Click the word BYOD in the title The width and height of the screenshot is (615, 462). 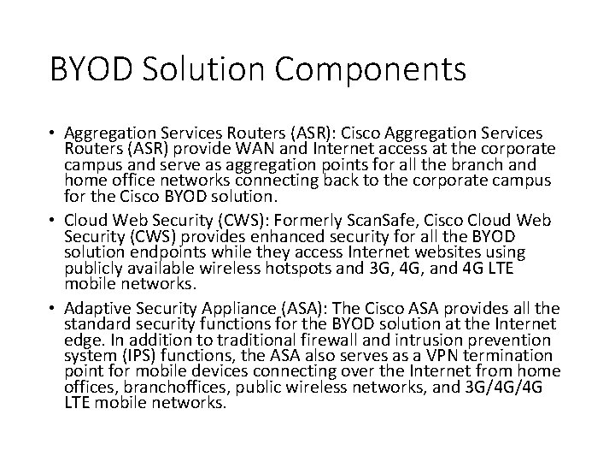pyautogui.click(x=94, y=68)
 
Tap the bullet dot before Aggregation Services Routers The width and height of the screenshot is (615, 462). pyautogui.click(x=53, y=135)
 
